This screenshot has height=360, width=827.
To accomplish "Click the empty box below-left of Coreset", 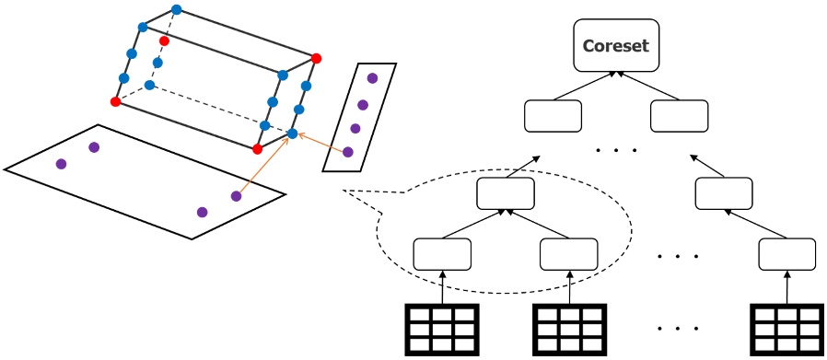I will click(x=553, y=116).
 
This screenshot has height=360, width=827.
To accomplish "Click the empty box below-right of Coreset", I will click(x=679, y=116).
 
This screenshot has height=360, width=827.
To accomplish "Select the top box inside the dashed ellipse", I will click(x=506, y=192).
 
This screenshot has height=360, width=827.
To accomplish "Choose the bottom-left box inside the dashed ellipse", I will click(x=442, y=253).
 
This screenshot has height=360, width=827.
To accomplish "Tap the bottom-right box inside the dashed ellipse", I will click(x=568, y=253).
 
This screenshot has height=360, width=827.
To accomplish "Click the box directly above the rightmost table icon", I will click(x=787, y=253).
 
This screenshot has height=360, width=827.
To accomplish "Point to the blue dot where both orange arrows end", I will click(x=292, y=134).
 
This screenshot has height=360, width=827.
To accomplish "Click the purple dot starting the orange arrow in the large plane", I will click(x=236, y=196).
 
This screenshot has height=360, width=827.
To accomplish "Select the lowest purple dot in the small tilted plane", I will click(x=348, y=152).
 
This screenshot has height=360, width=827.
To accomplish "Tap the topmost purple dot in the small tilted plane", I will click(x=372, y=79).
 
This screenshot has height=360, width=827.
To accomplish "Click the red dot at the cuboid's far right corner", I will click(x=317, y=59).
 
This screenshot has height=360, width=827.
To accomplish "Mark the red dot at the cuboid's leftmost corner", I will click(x=115, y=101).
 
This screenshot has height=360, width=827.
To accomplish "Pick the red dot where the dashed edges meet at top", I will click(x=164, y=41).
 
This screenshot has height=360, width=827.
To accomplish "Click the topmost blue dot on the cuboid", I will click(x=176, y=10).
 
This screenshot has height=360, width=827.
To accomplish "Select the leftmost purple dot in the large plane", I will click(x=61, y=165).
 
